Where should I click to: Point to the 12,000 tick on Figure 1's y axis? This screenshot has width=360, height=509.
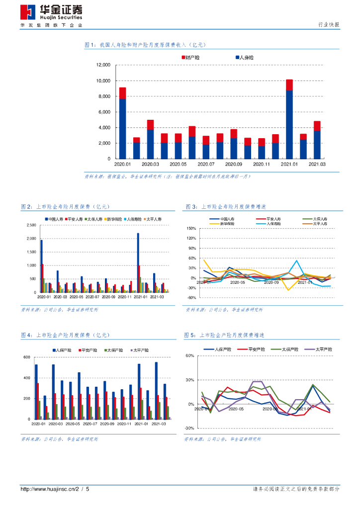(x=102, y=65)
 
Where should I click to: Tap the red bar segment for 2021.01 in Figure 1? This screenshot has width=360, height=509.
(x=289, y=85)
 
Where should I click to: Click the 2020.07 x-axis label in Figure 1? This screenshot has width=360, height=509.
(x=206, y=164)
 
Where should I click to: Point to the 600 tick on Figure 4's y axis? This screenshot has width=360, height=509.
(x=27, y=357)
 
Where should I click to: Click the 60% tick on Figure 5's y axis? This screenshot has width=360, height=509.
(x=189, y=355)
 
